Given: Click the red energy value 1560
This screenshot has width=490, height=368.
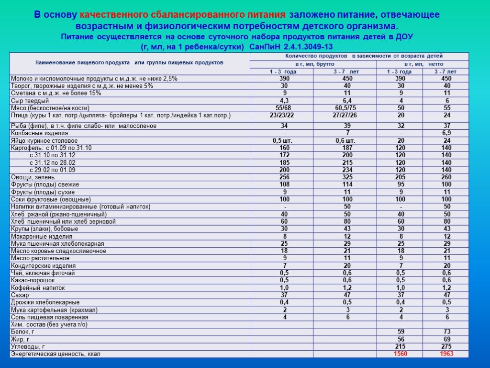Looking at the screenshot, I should (400, 354).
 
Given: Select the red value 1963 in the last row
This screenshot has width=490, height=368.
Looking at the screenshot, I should (446, 354).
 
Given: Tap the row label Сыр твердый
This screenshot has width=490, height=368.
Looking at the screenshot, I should (30, 101).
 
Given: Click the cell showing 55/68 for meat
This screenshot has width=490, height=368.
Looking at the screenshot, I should (281, 108).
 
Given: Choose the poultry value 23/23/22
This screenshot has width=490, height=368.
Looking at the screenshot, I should (281, 115).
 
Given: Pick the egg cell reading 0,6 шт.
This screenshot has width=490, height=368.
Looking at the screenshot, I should (344, 140).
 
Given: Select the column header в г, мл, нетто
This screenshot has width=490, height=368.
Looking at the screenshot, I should (423, 64).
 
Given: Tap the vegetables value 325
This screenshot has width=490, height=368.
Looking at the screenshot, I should (344, 177).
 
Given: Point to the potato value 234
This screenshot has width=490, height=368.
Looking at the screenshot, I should (344, 170).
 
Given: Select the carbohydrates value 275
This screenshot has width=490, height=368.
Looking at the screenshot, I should (446, 346).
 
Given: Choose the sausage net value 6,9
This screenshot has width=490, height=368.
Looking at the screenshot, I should (446, 133).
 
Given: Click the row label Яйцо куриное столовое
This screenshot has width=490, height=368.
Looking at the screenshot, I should (44, 140).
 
